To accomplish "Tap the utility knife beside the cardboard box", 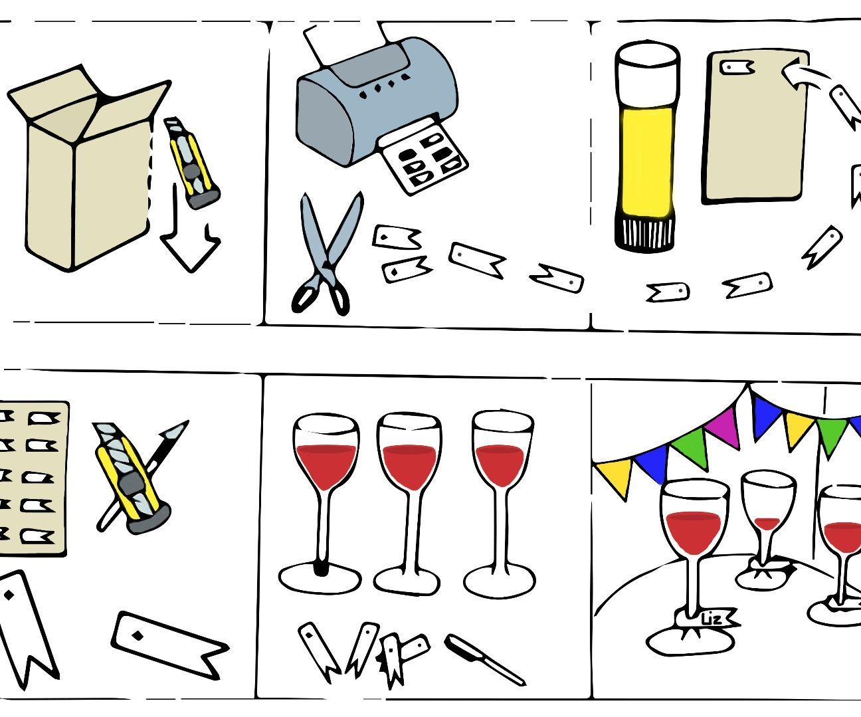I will pyautogui.click(x=193, y=163).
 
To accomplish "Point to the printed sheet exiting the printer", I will pyautogui.click(x=422, y=159).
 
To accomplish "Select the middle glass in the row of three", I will pyautogui.click(x=409, y=498).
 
